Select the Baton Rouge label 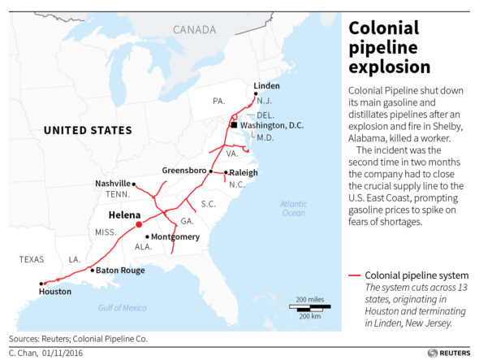[x=121, y=270]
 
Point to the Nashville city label [x=112, y=184]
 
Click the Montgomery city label [x=175, y=236]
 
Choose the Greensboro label [x=184, y=171]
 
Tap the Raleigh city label [x=243, y=172]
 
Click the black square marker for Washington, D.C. [x=233, y=125]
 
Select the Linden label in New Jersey [x=266, y=85]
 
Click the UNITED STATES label [x=87, y=130]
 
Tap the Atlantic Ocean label [x=293, y=207]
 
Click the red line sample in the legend [x=354, y=275]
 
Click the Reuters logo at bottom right [x=451, y=353]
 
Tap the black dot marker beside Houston [x=41, y=284]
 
